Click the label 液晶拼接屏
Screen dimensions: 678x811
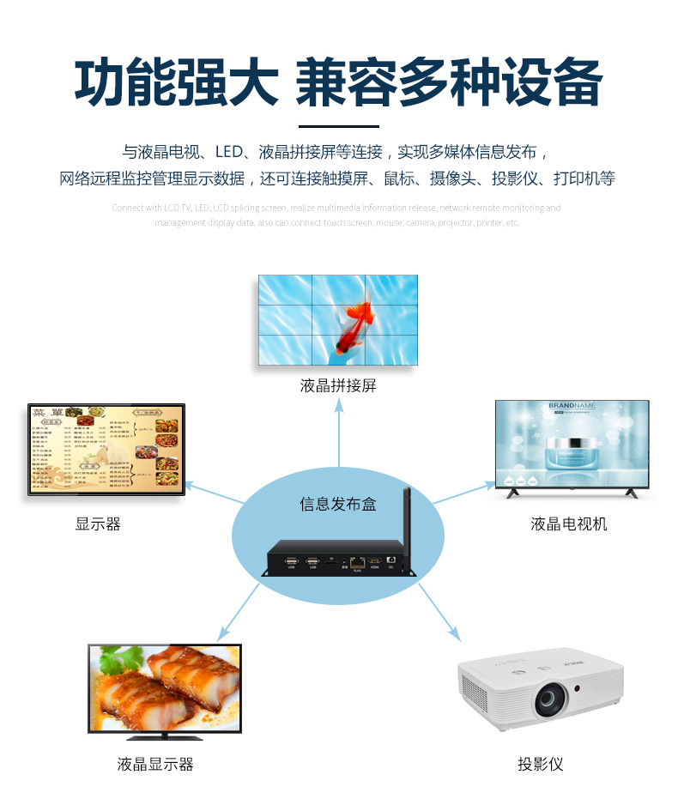pyautogui.click(x=338, y=386)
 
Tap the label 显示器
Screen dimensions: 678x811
pyautogui.click(x=98, y=524)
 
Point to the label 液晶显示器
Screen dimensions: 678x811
pyautogui.click(x=155, y=764)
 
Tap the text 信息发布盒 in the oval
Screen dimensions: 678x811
pyautogui.click(x=337, y=504)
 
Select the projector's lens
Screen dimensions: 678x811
pyautogui.click(x=550, y=700)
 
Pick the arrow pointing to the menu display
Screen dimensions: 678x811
pyautogui.click(x=215, y=493)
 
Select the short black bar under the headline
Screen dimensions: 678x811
pyautogui.click(x=338, y=126)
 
